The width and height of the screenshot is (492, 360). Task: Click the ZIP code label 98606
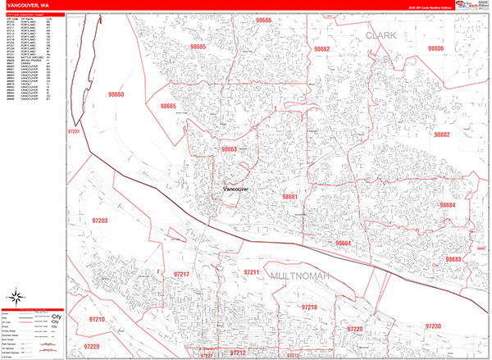(x=435, y=49)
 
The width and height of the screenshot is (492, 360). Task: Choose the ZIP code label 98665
(x=168, y=107)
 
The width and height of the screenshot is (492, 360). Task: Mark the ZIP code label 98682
(x=442, y=134)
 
